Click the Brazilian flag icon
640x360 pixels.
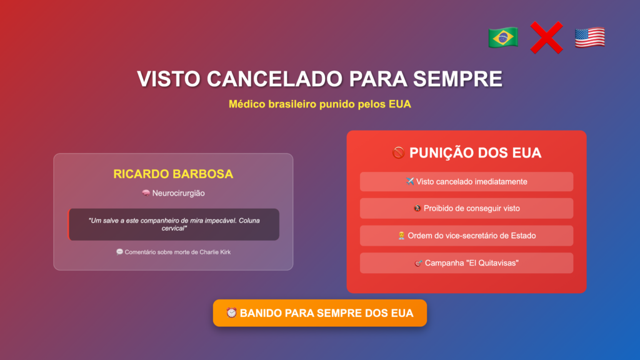point(503,37)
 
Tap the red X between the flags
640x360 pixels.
point(546,37)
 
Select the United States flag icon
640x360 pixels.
point(590,37)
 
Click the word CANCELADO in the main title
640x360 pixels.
point(274,79)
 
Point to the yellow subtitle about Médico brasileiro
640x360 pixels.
point(319,104)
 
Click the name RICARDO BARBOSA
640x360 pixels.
point(173,174)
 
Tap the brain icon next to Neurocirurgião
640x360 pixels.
point(146,192)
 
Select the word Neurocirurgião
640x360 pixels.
point(178,193)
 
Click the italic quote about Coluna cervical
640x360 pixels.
point(174,224)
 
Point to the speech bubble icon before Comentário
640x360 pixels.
point(119,252)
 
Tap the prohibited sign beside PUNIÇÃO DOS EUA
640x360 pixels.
point(398,152)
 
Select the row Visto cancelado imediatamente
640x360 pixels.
point(466,182)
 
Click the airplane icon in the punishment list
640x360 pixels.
point(410,181)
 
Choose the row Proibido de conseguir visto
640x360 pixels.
point(466,208)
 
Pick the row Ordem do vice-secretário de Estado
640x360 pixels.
point(466,236)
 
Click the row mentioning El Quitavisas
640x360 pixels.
point(466,263)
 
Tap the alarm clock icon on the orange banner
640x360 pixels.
point(231,312)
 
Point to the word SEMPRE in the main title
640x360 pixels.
point(457,79)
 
